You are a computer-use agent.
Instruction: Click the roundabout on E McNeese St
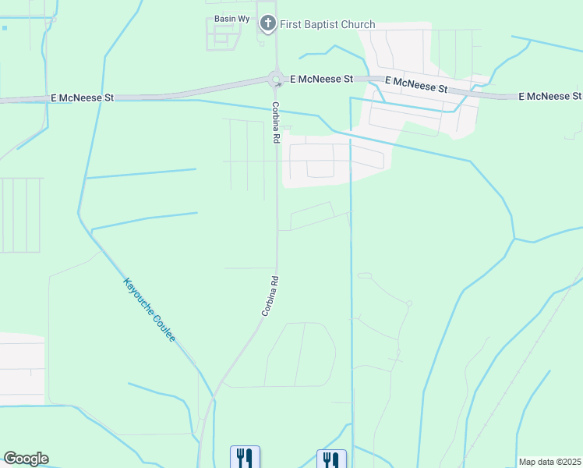[275, 79]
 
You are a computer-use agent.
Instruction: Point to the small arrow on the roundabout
[278, 85]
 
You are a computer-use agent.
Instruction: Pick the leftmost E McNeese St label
[82, 97]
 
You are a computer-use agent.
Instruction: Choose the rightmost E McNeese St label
[550, 96]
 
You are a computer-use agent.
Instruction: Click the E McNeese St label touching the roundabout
[321, 79]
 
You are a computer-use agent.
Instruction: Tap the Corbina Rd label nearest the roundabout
[276, 122]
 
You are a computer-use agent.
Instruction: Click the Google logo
[26, 459]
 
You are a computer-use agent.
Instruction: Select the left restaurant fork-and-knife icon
[245, 457]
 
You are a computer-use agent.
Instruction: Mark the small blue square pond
[4, 28]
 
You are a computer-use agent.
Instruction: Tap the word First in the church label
[295, 24]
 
